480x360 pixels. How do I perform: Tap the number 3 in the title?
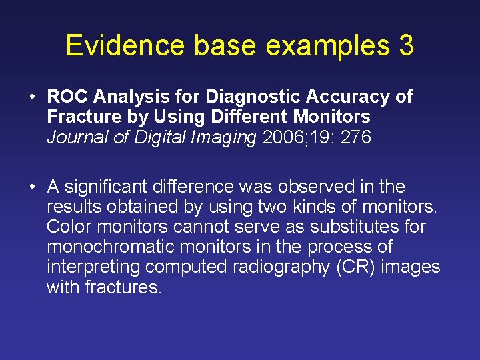tap(405, 45)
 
